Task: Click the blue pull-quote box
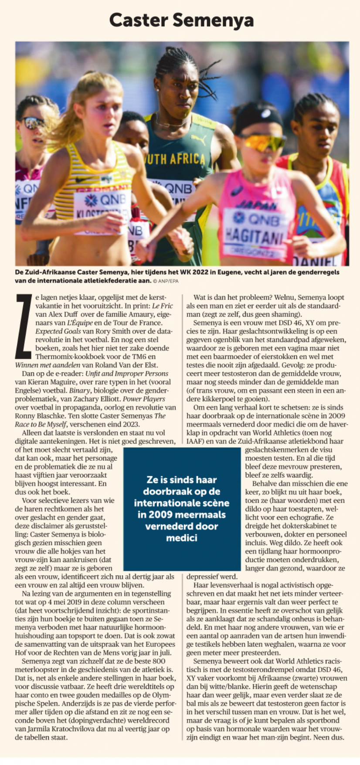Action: coord(182,508)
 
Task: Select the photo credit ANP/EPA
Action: coord(167,281)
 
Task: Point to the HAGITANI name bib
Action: coord(248,236)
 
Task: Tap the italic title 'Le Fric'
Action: coord(162,306)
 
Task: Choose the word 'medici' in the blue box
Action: coord(182,538)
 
